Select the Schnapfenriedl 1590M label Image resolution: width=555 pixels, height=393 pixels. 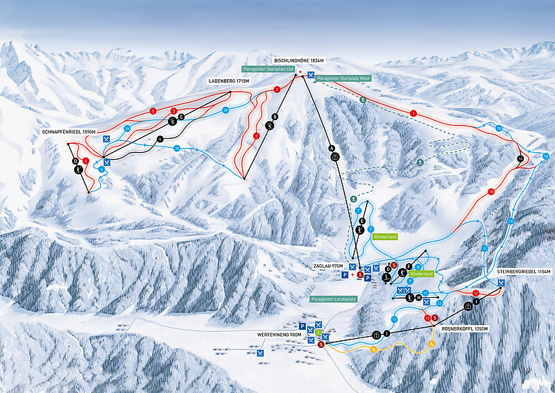67,131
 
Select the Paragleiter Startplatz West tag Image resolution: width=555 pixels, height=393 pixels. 343,79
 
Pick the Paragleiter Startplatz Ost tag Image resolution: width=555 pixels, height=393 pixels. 268,69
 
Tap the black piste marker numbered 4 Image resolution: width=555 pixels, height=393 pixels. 160,139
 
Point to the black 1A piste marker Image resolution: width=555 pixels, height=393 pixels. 520,160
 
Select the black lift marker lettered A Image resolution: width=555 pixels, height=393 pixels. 332,147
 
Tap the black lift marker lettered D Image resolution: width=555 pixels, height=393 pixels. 76,161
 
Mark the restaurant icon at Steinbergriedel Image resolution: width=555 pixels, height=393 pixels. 501,283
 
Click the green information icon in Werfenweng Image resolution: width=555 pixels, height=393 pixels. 318,333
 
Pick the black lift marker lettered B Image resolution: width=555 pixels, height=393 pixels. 275,117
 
